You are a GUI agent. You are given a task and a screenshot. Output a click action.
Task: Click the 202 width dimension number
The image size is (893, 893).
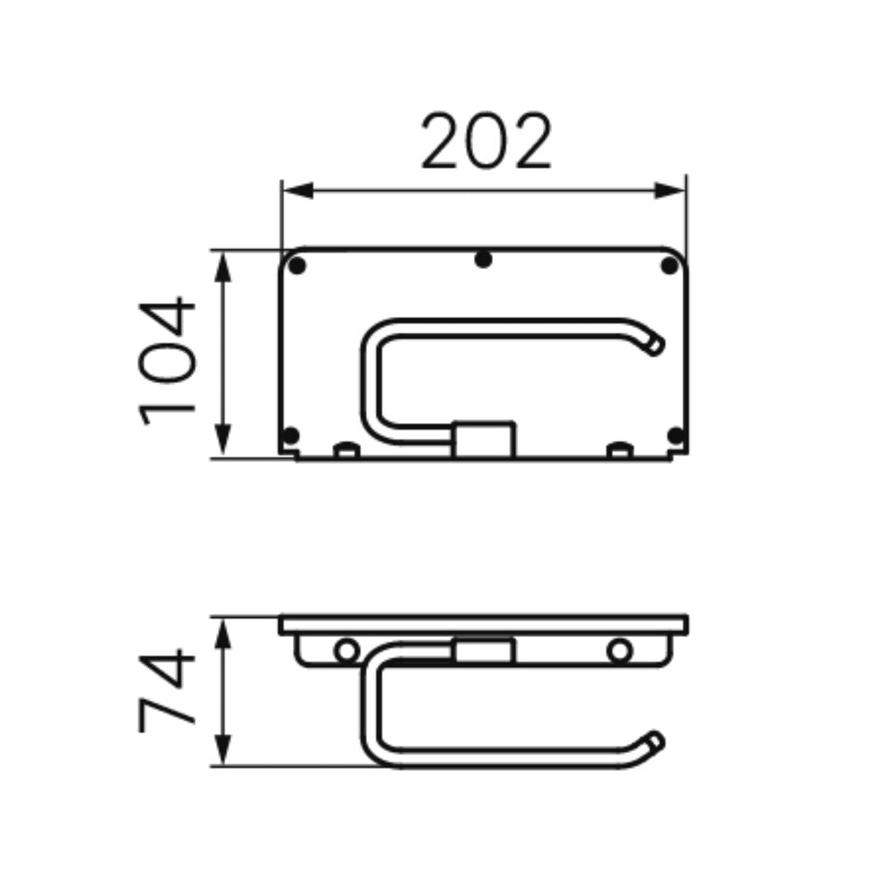click(x=486, y=141)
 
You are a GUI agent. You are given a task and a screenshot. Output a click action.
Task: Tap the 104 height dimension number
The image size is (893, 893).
click(x=167, y=361)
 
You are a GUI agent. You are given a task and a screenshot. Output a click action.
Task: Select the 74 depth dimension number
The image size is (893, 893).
click(x=167, y=689)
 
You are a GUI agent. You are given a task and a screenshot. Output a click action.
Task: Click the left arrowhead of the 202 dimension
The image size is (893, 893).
click(x=298, y=191)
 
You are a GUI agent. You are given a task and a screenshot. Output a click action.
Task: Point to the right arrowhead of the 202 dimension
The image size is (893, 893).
click(x=669, y=191)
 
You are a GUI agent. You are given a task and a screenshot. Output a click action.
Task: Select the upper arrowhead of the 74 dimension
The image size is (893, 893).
click(x=222, y=633)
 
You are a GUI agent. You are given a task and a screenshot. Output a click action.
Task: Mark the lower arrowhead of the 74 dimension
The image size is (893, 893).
click(x=222, y=750)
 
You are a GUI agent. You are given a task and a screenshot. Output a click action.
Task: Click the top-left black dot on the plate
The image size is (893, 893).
click(x=297, y=265)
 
